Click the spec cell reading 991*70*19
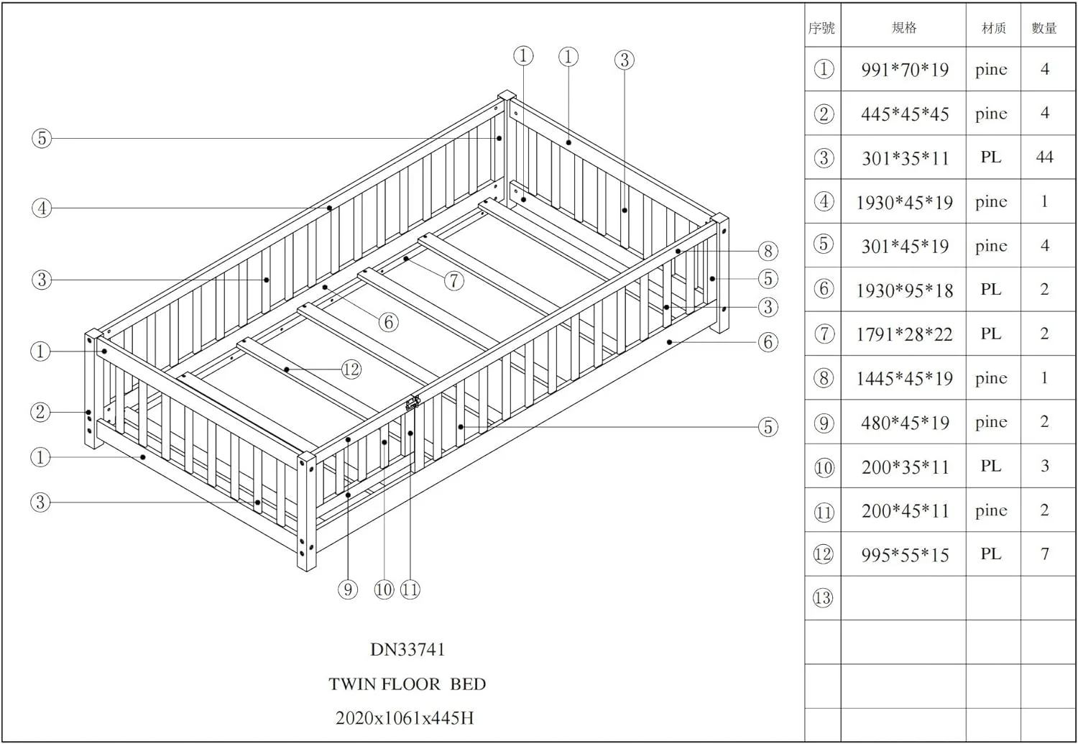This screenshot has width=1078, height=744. pos(905,70)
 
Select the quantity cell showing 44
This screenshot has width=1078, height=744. pos(1044,157)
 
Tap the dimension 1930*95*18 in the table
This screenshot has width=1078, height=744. pos(905,290)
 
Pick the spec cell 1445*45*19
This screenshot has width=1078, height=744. pos(905,378)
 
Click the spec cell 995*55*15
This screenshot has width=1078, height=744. pos(905,555)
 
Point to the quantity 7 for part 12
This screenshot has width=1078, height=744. pos(1044,554)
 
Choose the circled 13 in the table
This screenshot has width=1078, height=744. pos(823,597)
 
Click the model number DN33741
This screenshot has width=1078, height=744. pos(407,650)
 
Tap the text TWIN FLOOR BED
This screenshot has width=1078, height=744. pos(407,684)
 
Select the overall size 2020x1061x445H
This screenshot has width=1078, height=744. pos(405,718)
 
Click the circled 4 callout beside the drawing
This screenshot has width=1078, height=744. pos(42,208)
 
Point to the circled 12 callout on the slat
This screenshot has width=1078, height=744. pos(351,369)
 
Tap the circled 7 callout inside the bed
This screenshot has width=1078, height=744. pos(453,280)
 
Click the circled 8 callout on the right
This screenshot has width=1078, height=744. pos(768,251)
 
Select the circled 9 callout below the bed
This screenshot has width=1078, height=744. pos(347,589)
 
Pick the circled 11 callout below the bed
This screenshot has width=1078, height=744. pos(410,589)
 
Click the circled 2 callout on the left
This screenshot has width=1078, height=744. pos(40,412)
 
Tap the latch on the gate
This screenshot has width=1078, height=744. pos(413,403)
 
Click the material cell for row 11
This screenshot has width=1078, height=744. pos(991,510)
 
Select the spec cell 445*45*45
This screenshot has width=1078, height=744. pos(905,114)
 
